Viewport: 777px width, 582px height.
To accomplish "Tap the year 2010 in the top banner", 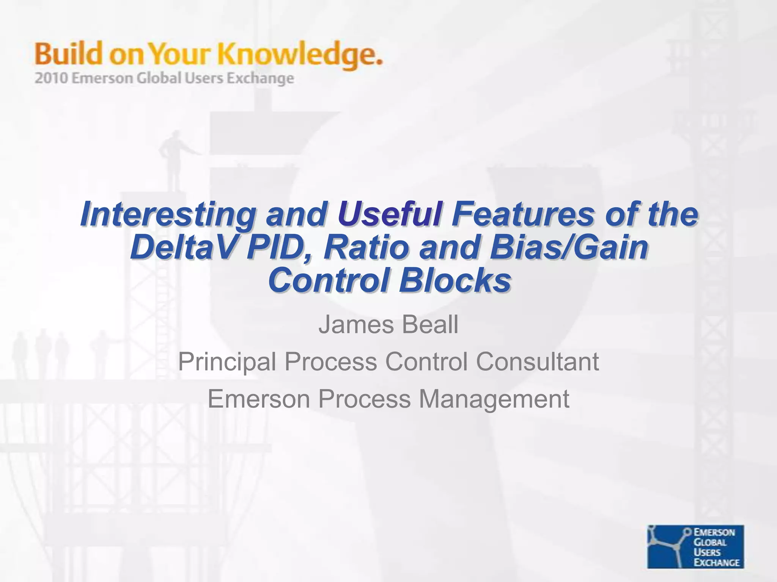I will (51, 78).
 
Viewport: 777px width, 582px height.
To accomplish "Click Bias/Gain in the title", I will (569, 248).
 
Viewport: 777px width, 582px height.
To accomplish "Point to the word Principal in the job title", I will (227, 362).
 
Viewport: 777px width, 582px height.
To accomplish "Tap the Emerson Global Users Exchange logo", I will (695, 546).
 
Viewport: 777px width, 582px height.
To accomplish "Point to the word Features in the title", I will (522, 214).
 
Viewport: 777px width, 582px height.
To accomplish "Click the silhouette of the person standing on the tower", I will (174, 159).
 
